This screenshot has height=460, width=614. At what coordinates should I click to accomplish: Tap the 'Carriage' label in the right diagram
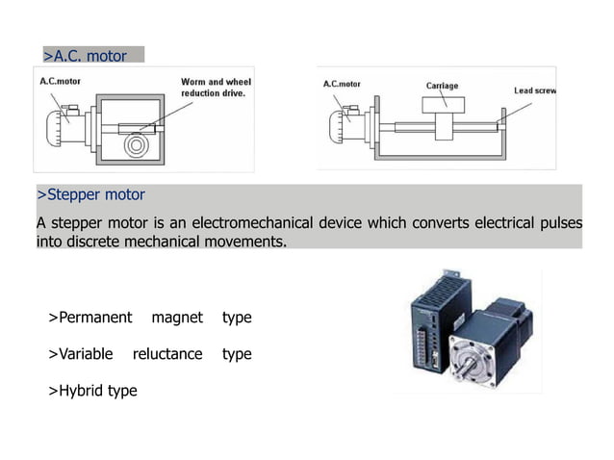442,86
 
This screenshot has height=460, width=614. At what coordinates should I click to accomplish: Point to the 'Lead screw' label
535,90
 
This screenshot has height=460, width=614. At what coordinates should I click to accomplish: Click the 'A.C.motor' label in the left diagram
61,82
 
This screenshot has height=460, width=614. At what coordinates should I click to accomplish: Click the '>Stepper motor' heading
90,195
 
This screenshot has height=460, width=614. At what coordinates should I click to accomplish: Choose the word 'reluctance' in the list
167,354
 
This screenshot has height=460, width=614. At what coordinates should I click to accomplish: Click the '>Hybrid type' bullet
92,391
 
